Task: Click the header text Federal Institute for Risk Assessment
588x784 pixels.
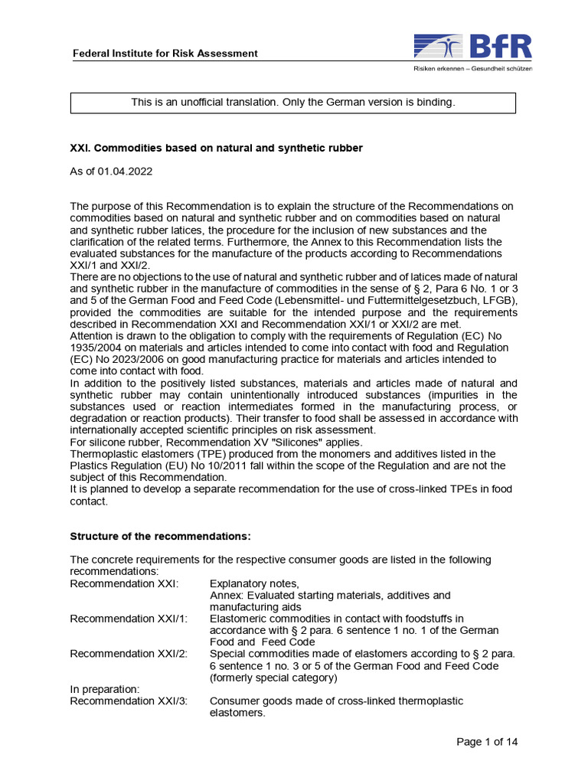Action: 165,54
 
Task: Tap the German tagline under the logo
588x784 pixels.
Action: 468,69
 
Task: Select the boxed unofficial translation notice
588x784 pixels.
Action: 293,103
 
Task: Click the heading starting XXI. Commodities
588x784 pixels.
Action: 216,148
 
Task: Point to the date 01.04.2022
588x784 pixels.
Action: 125,171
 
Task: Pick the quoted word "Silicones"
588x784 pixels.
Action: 276,442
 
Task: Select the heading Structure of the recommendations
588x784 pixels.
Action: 160,535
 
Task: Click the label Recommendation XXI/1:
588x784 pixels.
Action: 129,618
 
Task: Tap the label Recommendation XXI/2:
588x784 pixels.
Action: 129,654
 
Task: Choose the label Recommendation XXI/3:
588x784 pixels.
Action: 129,701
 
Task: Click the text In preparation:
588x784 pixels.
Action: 105,689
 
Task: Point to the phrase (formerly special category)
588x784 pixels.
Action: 273,678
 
